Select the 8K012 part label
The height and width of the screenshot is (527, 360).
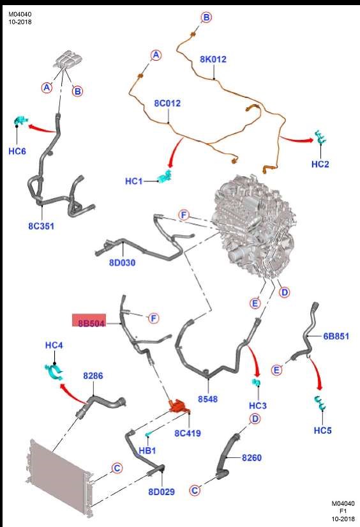pyautogui.click(x=213, y=59)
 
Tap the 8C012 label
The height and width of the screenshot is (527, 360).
pyautogui.click(x=167, y=103)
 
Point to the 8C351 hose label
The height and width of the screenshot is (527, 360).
pyautogui.click(x=41, y=226)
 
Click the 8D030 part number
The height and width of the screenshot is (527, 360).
pyautogui.click(x=123, y=262)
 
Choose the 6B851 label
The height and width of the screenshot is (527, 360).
pyautogui.click(x=336, y=336)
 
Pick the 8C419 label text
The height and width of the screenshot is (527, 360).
pyautogui.click(x=188, y=433)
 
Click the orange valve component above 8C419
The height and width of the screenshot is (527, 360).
pyautogui.click(x=179, y=406)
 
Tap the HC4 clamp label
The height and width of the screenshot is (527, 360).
pyautogui.click(x=54, y=345)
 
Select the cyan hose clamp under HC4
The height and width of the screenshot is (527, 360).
pyautogui.click(x=54, y=372)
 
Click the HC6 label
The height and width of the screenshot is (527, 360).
pyautogui.click(x=17, y=151)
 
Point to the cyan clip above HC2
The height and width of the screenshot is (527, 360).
pyautogui.click(x=320, y=137)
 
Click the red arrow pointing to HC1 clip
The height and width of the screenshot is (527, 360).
pyautogui.click(x=176, y=152)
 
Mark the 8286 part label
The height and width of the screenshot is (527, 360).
pyautogui.click(x=93, y=376)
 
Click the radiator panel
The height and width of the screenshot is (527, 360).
pyautogui.click(x=59, y=478)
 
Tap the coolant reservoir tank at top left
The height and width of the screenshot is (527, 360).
pyautogui.click(x=68, y=59)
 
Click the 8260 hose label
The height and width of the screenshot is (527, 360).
pyautogui.click(x=251, y=457)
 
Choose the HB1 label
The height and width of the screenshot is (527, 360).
pyautogui.click(x=147, y=450)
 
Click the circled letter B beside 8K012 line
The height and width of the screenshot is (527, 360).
pyautogui.click(x=206, y=17)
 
